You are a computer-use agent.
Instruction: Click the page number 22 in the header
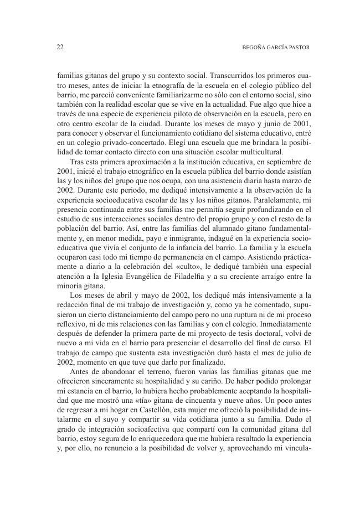pyautogui.click(x=60, y=48)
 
